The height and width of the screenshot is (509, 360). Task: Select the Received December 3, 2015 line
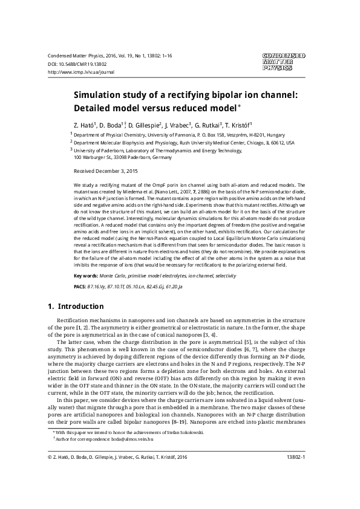[105, 171]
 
